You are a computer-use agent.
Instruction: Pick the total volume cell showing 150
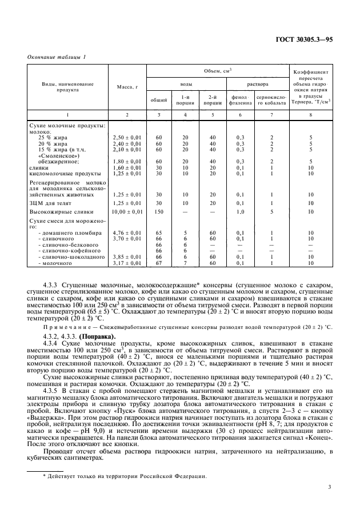coord(159,211)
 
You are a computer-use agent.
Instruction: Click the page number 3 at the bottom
coord(330,487)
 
